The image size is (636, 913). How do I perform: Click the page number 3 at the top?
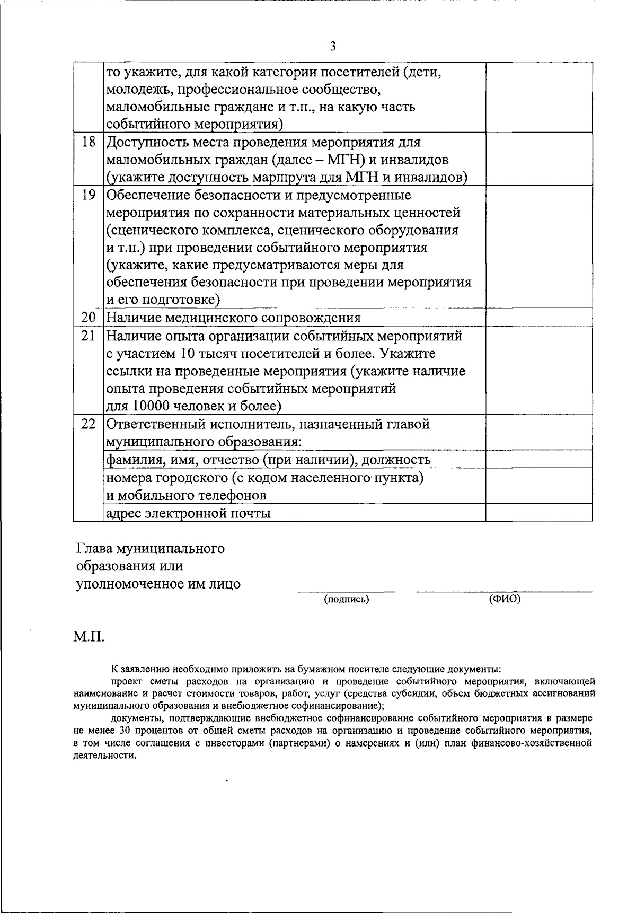coord(332,47)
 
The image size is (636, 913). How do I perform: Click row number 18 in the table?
coord(89,142)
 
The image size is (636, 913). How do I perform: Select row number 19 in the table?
coord(89,195)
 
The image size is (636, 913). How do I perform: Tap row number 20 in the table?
coord(89,318)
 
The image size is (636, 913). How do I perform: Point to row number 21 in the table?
coord(89,336)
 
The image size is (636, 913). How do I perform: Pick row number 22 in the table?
coord(89,424)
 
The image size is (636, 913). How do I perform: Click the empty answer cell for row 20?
coord(538,317)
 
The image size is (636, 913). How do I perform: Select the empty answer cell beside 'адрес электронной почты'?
coord(538,512)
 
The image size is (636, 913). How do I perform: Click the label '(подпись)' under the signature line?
coord(347,599)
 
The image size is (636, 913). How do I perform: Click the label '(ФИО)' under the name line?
coord(505,599)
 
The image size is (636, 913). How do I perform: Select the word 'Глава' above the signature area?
coord(94,548)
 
